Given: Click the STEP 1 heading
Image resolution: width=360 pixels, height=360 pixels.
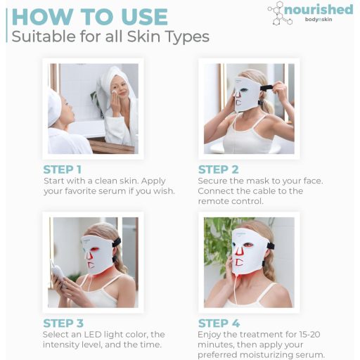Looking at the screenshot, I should pyautogui.click(x=63, y=169).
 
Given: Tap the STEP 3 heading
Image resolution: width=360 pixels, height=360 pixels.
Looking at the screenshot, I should pyautogui.click(x=63, y=323).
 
